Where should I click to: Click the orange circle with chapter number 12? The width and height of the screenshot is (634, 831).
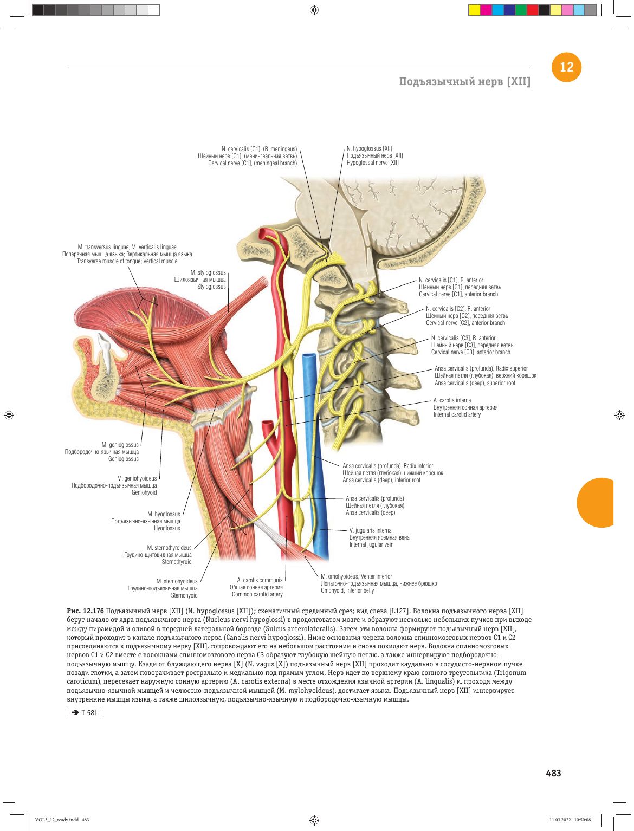[566, 67]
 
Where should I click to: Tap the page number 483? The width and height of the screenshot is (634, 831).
[553, 773]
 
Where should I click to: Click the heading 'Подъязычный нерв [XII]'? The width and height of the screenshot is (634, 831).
[465, 81]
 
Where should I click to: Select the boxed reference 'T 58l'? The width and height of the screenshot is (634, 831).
[83, 713]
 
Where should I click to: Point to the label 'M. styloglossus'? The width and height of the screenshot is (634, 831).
[208, 272]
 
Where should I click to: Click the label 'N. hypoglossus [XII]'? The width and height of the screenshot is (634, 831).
[369, 148]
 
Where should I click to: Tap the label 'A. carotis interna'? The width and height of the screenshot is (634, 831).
[452, 400]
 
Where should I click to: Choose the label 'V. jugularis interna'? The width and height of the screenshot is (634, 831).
[370, 530]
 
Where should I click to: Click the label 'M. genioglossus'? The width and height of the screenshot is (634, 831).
[120, 444]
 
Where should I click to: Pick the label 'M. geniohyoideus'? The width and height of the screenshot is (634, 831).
[137, 478]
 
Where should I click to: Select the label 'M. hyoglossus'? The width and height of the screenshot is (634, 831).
[164, 514]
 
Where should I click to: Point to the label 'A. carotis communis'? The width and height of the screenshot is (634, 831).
[260, 580]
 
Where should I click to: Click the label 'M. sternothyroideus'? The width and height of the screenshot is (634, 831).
[169, 548]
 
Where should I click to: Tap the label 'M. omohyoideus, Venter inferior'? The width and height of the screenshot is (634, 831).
[356, 576]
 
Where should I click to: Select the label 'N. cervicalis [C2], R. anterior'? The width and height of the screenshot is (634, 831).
[457, 309]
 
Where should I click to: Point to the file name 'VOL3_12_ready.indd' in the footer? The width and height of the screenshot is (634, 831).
[57, 820]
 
